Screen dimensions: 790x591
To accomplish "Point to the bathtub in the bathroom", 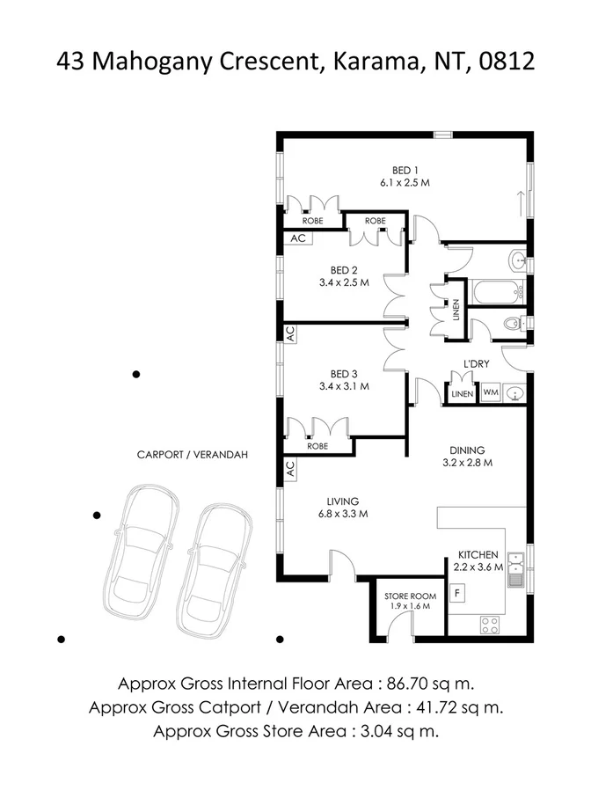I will coord(494,291).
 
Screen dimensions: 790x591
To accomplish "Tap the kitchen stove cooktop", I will coord(489,625).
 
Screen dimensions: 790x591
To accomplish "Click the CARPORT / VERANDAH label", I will coord(193,455).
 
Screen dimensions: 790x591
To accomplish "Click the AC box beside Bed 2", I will coord(297,238).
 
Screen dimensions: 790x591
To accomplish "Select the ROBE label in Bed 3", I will coord(318,446).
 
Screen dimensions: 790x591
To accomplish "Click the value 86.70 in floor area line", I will coord(397,683).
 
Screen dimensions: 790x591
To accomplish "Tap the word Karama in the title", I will coord(368,62).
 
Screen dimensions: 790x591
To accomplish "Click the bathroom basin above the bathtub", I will coord(519,260).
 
